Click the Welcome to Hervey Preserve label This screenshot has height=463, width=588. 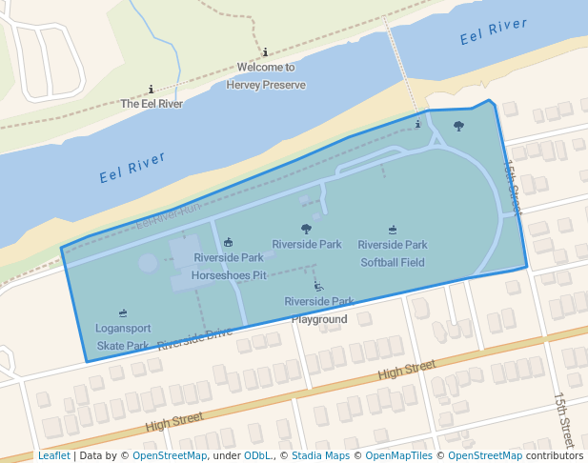[x=266, y=76]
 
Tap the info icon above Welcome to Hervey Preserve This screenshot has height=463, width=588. [x=265, y=53]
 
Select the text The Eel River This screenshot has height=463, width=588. [x=152, y=104]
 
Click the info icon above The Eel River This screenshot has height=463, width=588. [x=152, y=90]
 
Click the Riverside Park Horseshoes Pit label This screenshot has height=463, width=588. [x=229, y=266]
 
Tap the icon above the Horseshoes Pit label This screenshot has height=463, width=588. [x=228, y=243]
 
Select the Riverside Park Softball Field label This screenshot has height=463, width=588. [x=393, y=253]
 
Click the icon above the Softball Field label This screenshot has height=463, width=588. [x=393, y=230]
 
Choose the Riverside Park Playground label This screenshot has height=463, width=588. [x=319, y=311]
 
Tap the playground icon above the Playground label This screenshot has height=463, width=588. [x=318, y=286]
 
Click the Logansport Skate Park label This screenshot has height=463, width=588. [x=123, y=337]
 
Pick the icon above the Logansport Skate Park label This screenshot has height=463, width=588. [x=123, y=313]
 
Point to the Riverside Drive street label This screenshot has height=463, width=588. [x=194, y=339]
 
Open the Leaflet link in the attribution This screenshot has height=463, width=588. [x=53, y=455]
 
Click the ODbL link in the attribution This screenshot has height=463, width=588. [x=257, y=455]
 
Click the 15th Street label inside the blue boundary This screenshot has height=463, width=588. [x=512, y=185]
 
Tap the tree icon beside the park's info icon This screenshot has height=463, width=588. [x=458, y=126]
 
